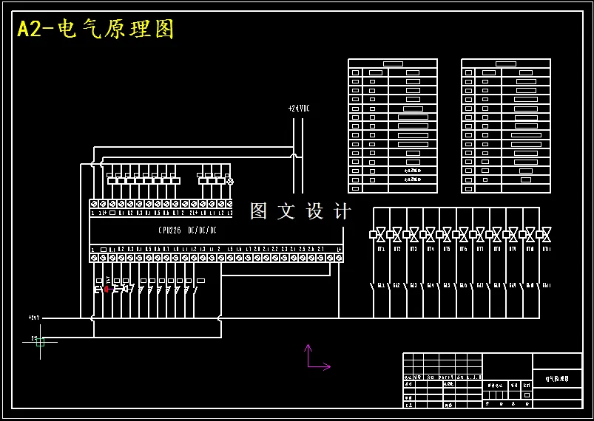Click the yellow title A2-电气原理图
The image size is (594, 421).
tap(96, 29)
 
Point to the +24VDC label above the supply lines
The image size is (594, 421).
tap(299, 109)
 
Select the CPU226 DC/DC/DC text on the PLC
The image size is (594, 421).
tap(187, 230)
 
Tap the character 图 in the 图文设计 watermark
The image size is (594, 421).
tap(259, 211)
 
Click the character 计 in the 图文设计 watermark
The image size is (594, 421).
tap(342, 211)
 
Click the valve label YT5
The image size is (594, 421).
tap(447, 250)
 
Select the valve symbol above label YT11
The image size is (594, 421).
tap(547, 234)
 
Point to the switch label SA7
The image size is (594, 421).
tap(480, 285)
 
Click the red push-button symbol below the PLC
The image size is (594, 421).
tap(107, 290)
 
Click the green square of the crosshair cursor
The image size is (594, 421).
tap(40, 341)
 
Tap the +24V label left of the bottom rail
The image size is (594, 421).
tap(34, 318)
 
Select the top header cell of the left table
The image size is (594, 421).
tap(393, 64)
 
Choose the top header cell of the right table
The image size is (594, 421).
tap(506, 64)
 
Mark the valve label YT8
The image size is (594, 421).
tap(496, 250)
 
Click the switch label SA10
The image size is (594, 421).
tap(530, 285)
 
